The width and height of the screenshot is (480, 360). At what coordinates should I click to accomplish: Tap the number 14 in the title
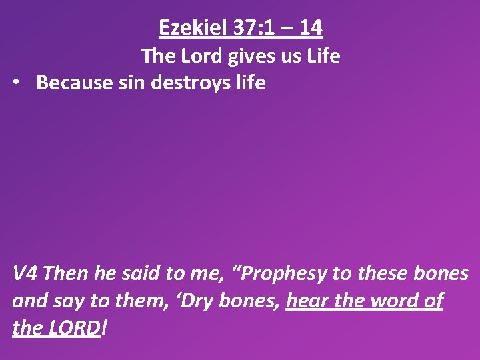[x=311, y=27]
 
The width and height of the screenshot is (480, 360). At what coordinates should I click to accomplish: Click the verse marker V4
[x=27, y=273]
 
